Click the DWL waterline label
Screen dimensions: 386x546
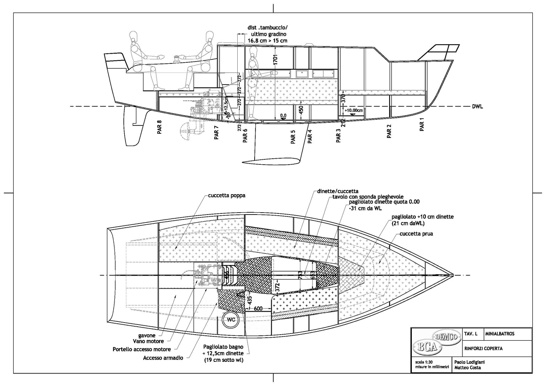pos(477,107)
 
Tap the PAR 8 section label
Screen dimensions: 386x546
pos(159,127)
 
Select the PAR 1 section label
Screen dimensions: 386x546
pos(422,124)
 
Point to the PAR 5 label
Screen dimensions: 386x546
pos(293,137)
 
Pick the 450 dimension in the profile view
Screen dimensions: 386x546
pos(301,110)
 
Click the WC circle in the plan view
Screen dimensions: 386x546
pos(231,320)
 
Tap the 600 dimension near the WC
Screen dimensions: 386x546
pos(258,308)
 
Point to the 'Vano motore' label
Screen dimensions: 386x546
pos(151,341)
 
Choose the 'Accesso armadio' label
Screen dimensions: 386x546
pos(164,358)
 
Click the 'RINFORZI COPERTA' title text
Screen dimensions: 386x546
pos(484,349)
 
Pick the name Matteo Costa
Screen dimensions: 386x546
pos(468,368)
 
